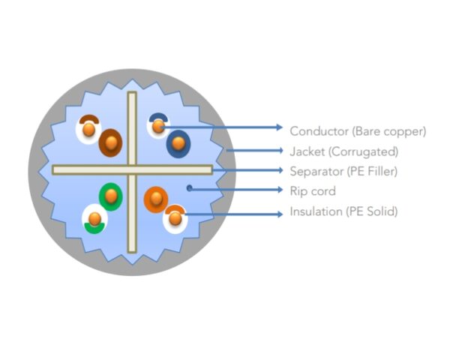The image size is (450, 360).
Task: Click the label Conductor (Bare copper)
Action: [358, 131]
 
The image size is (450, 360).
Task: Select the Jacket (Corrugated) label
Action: [344, 151]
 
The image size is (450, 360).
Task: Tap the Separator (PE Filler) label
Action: [343, 172]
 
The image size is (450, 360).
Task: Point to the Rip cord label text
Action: [313, 191]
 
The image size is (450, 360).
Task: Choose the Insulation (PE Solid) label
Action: [343, 211]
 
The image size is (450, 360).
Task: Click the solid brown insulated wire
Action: [111, 142]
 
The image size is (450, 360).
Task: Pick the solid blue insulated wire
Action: [178, 143]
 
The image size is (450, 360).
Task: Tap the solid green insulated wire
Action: [111, 196]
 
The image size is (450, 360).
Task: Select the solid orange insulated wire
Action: [156, 199]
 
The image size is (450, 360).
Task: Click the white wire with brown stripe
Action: [88, 129]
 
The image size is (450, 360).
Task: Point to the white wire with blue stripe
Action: [158, 126]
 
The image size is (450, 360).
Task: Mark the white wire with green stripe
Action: [94, 219]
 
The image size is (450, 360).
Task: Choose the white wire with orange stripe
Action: [175, 219]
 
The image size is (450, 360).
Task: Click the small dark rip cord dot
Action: [189, 188]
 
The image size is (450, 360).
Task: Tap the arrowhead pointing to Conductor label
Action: [280, 127]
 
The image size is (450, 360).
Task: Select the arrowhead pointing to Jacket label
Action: [280, 151]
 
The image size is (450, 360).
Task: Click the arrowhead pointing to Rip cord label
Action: [280, 190]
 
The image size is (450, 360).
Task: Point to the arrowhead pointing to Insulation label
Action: [280, 214]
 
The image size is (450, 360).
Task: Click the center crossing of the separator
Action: [132, 170]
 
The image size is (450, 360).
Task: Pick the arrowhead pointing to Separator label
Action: [280, 170]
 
